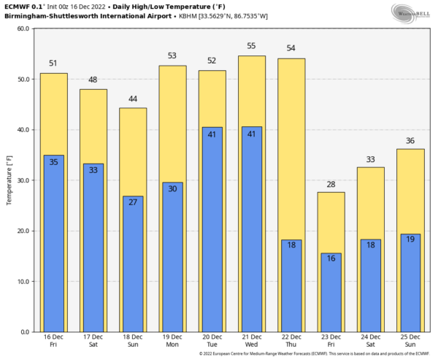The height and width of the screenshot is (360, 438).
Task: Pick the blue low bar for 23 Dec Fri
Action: [x=331, y=296]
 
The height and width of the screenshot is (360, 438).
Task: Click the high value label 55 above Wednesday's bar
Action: [x=252, y=46]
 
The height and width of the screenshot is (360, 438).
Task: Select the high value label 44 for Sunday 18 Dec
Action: [x=133, y=99]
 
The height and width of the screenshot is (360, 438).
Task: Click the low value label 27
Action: [x=133, y=202]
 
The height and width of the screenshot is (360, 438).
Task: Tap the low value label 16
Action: [x=331, y=259]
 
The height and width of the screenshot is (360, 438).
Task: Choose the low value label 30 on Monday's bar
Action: [x=172, y=189]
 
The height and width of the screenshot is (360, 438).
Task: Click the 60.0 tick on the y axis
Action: [x=22, y=29]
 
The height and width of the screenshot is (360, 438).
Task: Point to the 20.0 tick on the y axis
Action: [x=22, y=231]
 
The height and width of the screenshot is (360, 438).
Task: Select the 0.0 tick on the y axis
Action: [x=24, y=332]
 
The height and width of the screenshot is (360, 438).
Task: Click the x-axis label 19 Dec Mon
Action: [x=172, y=340]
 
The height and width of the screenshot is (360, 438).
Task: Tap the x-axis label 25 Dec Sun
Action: [x=411, y=340]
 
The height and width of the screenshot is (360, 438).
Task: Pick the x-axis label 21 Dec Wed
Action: [x=252, y=340]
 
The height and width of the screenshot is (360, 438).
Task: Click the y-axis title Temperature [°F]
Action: [x=9, y=180]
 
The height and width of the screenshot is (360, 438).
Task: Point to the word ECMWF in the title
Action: [x=18, y=6]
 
